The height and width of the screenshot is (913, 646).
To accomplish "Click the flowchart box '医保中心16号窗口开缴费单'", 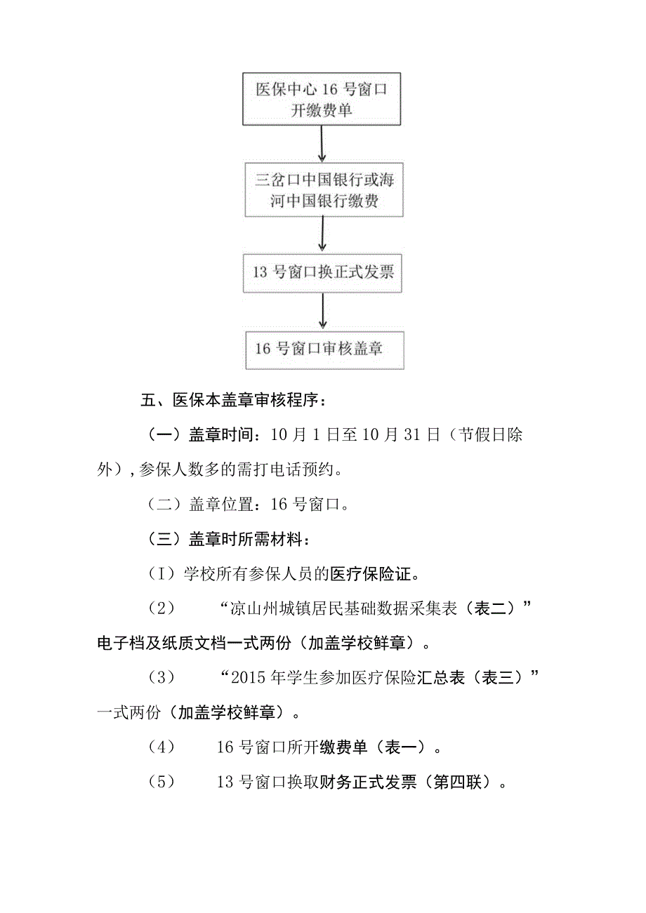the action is [322, 99].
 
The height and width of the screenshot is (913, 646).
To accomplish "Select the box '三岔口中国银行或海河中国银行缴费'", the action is [323, 190].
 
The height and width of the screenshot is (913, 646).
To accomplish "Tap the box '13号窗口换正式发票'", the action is [323, 272].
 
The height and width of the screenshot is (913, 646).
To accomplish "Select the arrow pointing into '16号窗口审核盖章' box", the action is [322, 311].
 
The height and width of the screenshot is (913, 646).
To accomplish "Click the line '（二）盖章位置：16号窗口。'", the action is [249, 504].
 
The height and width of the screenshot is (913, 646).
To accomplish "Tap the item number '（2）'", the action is [161, 609].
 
